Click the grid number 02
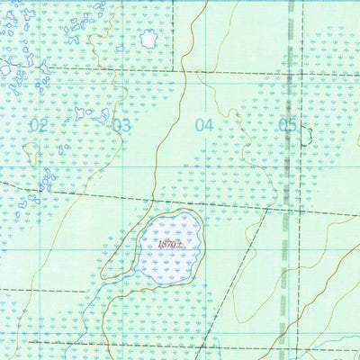click(38, 125)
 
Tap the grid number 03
click(121, 125)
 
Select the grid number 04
click(204, 125)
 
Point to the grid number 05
click(287, 125)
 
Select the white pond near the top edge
click(148, 39)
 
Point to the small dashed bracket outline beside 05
click(308, 135)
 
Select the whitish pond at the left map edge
click(4, 68)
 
